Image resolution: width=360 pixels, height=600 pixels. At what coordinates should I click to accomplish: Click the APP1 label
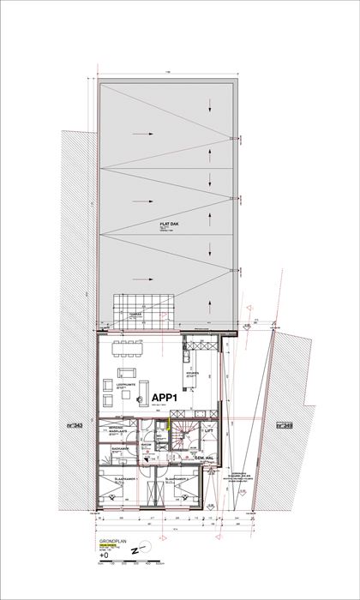[x=165, y=398]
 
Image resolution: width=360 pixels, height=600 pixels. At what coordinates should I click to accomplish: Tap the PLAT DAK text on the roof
[x=167, y=224]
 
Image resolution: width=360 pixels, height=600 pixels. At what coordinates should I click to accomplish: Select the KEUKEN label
[x=192, y=374]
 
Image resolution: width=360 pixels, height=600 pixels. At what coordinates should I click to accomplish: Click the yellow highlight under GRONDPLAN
[x=113, y=549]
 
